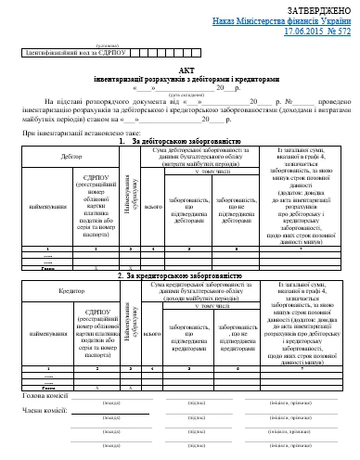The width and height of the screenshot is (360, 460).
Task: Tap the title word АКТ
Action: [x=179, y=70]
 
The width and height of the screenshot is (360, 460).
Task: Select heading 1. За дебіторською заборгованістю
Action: [x=179, y=140]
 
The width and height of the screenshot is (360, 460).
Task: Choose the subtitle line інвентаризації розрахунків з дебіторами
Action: [x=179, y=80]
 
